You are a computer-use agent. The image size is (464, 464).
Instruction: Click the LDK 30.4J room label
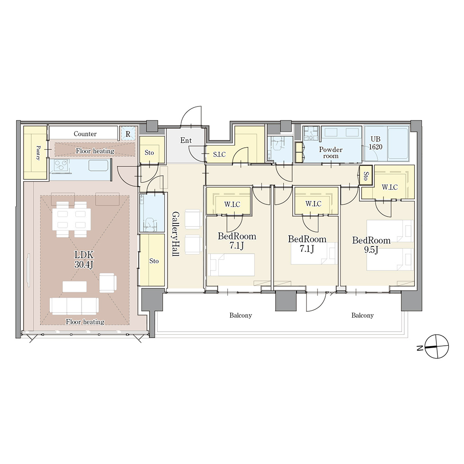click(84, 260)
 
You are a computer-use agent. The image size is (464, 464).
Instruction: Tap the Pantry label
click(38, 152)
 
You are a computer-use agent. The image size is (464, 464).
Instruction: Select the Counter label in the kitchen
click(85, 134)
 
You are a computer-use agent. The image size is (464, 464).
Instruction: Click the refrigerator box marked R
click(128, 134)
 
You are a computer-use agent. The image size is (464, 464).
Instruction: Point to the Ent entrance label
click(186, 140)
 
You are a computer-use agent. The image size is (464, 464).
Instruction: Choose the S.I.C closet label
click(219, 154)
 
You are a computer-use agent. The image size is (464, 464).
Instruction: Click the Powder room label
click(330, 152)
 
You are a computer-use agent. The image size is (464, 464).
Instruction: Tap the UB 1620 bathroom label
click(375, 143)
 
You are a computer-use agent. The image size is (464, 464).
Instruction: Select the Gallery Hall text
click(175, 233)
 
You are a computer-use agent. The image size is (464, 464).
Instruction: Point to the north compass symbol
click(436, 347)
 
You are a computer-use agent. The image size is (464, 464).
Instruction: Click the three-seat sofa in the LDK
click(74, 306)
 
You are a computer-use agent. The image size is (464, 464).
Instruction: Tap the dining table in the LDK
click(72, 219)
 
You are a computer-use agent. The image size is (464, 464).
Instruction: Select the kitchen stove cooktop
click(60, 165)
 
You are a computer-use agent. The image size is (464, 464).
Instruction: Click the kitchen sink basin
click(98, 165)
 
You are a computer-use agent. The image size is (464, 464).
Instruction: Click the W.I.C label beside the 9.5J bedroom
click(389, 187)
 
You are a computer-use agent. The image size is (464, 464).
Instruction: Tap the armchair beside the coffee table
click(108, 283)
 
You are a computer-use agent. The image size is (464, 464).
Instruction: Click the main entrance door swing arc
click(191, 116)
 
